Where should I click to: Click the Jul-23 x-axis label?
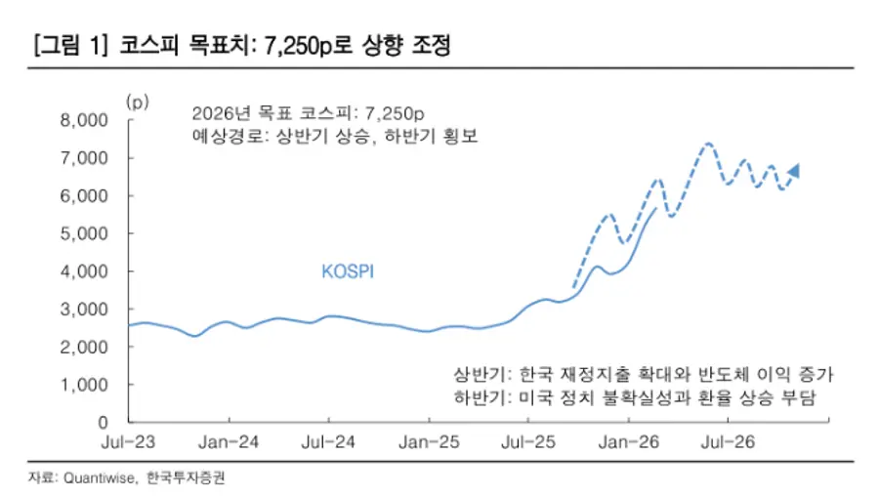tap(128, 441)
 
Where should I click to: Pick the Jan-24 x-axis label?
tap(229, 441)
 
